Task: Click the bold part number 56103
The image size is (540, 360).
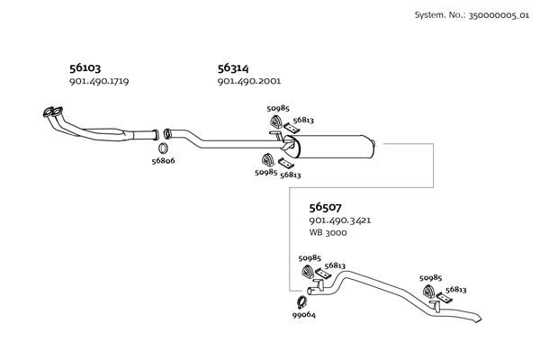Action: [x=86, y=67]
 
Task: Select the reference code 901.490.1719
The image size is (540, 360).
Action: [x=99, y=82]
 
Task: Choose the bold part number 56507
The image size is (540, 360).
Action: [x=326, y=206]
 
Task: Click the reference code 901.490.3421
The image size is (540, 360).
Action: [x=340, y=220]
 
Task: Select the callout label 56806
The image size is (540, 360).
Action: [x=163, y=161]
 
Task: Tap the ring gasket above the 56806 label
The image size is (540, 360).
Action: [x=164, y=147]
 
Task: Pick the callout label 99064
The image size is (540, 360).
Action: [x=303, y=315]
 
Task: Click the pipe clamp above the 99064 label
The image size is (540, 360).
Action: [x=301, y=301]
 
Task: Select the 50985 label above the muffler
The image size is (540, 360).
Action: [x=279, y=109]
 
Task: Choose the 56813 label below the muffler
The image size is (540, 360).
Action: [x=291, y=175]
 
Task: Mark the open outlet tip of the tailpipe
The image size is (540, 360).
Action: [x=478, y=319]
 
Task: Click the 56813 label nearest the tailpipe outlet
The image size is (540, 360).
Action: [x=455, y=290]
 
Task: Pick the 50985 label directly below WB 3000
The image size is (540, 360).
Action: [x=310, y=258]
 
